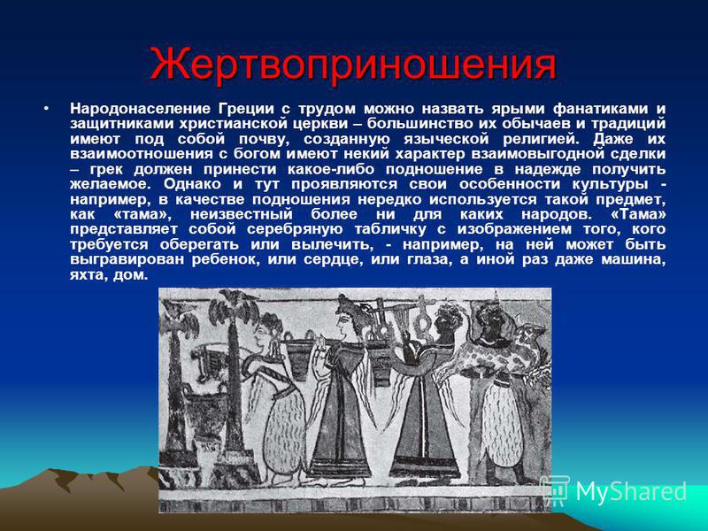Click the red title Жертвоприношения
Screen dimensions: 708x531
(352, 65)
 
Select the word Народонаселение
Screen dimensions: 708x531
(140, 109)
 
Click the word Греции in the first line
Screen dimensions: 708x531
(247, 109)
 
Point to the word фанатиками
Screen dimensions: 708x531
(600, 109)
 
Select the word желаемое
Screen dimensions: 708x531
(112, 184)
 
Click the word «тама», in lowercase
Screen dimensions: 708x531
(140, 214)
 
